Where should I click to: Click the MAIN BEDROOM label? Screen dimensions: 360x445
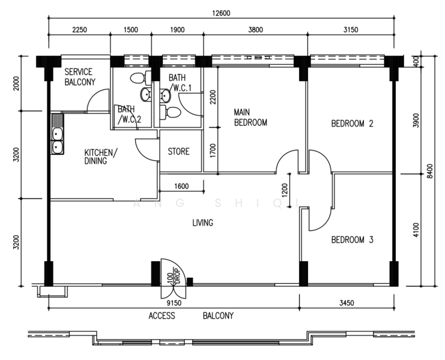[x=250, y=117]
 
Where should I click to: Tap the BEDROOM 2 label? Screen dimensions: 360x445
[x=353, y=124]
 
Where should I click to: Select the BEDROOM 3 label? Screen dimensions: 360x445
[x=353, y=240]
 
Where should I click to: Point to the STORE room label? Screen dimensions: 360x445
[x=178, y=152]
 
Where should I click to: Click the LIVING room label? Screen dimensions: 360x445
[x=202, y=223]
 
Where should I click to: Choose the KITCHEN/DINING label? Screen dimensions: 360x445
[x=101, y=157]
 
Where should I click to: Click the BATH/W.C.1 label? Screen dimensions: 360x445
[x=180, y=83]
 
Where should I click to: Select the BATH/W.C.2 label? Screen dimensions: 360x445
[x=129, y=114]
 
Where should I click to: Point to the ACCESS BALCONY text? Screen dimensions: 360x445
[x=190, y=316]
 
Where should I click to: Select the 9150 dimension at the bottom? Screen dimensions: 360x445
[x=174, y=304]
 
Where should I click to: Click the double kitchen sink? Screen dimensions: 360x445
[x=58, y=140]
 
